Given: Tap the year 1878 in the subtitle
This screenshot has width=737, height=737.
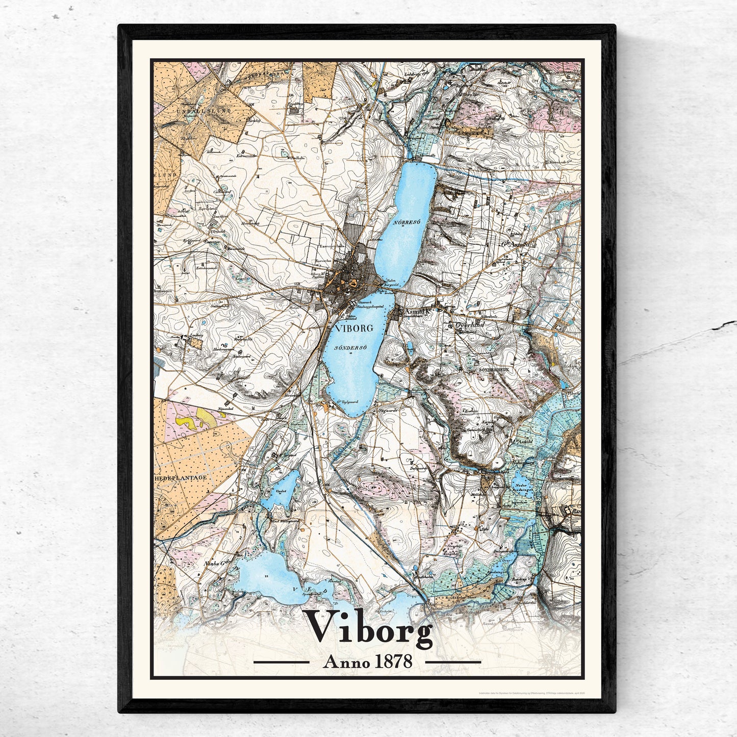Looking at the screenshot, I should pyautogui.click(x=393, y=662).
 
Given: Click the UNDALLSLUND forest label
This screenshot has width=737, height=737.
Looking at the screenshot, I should pyautogui.click(x=183, y=110).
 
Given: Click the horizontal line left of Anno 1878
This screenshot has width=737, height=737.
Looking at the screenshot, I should pyautogui.click(x=281, y=662).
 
